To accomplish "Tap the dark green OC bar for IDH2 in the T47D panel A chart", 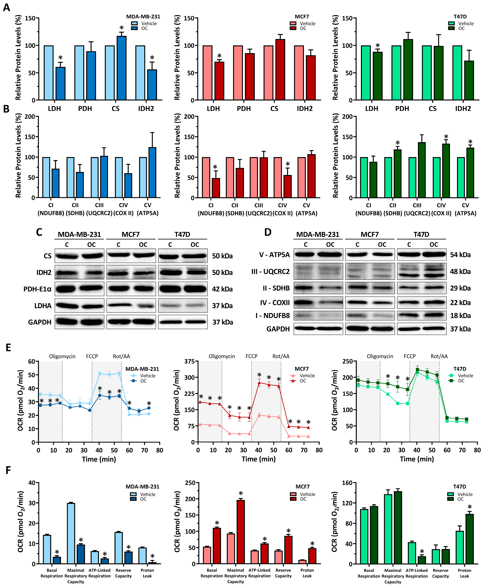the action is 469,80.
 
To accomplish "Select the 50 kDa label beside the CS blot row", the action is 222,256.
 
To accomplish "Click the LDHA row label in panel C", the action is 43,306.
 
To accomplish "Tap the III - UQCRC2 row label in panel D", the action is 270,271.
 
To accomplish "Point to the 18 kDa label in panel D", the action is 460,316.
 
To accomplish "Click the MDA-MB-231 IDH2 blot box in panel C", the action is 79,272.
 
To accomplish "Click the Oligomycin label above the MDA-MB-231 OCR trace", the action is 62,356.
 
